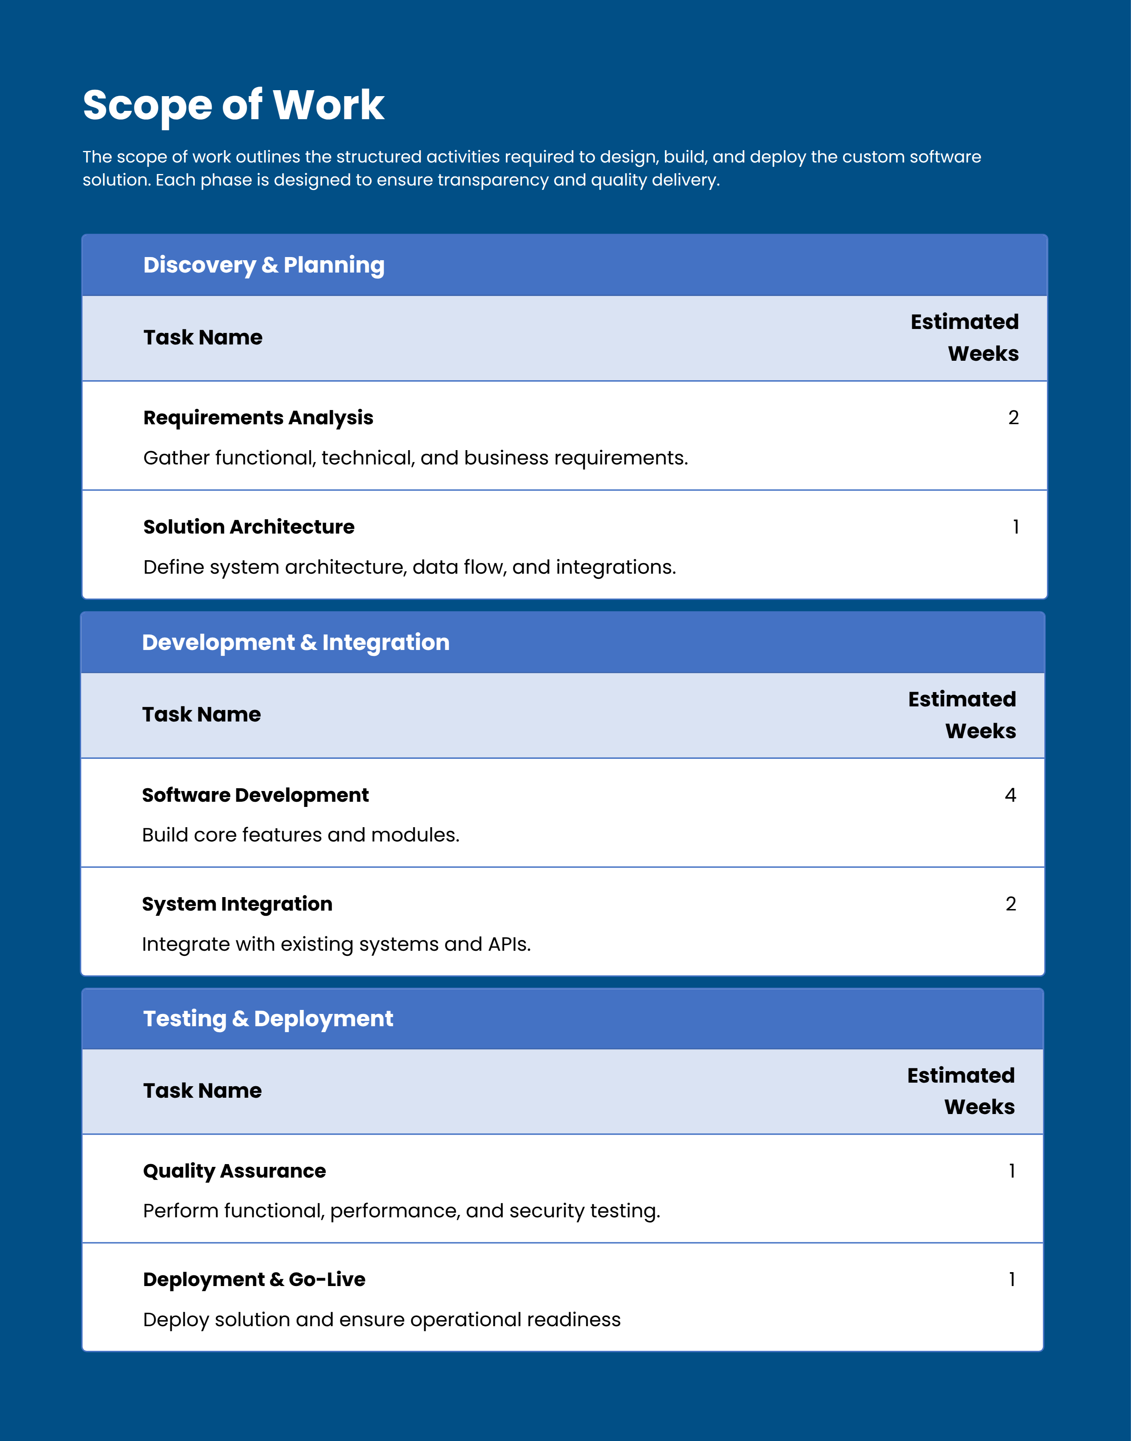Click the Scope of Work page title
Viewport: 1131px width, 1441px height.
coord(233,104)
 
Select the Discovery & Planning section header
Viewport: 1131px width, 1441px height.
coord(263,265)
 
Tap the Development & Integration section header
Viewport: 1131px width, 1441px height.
coord(295,642)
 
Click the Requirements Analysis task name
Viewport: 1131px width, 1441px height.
coord(258,418)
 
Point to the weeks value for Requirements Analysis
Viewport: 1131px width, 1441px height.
coord(1013,418)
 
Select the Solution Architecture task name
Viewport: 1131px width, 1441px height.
coord(249,527)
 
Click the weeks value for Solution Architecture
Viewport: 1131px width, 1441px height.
coord(1015,527)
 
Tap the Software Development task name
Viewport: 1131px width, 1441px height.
coord(255,795)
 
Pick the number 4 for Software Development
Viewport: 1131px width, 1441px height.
coord(1010,795)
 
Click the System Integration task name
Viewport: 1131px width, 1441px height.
coord(237,904)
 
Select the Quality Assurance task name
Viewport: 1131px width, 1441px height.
coord(234,1171)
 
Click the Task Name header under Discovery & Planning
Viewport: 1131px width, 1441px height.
coord(203,338)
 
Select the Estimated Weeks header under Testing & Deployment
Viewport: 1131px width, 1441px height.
coord(961,1091)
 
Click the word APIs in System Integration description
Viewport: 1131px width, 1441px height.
coord(509,944)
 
